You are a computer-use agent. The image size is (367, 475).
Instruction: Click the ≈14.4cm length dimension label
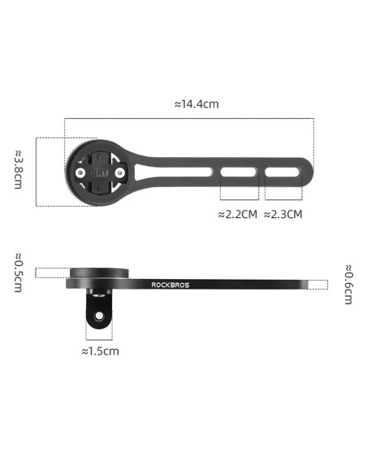tap(196, 104)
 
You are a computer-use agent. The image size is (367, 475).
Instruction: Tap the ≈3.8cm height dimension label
tap(18, 169)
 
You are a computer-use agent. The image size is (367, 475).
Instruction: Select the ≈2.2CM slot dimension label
tap(238, 215)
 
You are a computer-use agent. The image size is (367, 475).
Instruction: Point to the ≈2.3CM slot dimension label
tap(283, 215)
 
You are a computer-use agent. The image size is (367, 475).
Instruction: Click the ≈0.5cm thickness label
tap(18, 272)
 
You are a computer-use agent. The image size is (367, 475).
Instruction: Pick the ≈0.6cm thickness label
tap(348, 285)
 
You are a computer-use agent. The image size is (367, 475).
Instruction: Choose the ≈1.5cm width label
tap(101, 351)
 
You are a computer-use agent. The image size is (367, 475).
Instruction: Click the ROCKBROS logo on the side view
tap(171, 285)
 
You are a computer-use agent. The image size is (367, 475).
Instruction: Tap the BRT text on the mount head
tap(99, 173)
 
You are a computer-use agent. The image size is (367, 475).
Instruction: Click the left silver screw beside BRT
tap(80, 172)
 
